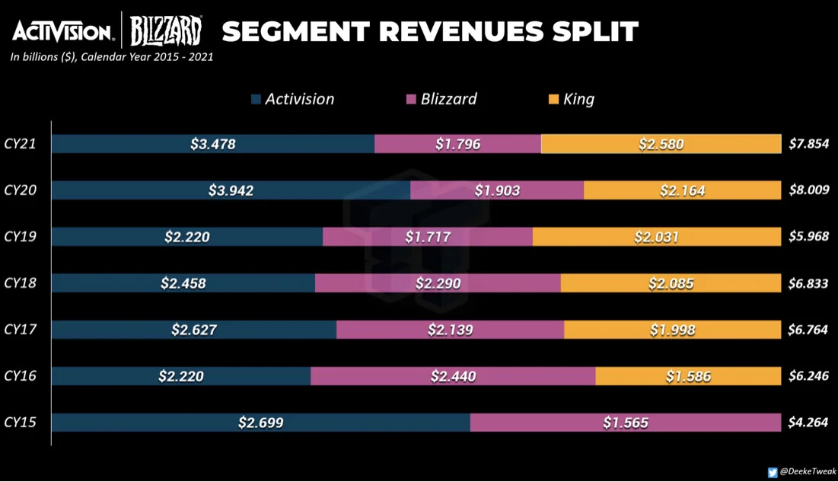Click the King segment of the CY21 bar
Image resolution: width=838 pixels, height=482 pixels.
coord(661,144)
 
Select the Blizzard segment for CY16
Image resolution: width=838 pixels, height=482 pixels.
coord(453,376)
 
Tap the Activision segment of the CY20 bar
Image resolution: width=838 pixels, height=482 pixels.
coord(231,190)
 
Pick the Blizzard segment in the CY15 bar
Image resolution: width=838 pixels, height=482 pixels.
coord(626,423)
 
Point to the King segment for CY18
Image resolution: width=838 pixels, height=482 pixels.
coord(671,283)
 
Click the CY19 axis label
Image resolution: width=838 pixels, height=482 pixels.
coord(21,237)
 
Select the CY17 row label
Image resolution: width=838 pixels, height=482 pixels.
coord(21,329)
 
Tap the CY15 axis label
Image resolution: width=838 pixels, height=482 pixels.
coord(21,422)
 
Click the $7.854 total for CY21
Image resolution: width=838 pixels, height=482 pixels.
coord(809,143)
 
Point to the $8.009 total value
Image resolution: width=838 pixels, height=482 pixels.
coord(809,190)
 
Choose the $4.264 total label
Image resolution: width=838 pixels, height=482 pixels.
coord(808,422)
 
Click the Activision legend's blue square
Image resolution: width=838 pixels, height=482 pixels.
coord(256,99)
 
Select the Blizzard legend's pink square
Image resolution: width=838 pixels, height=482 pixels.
coord(411,99)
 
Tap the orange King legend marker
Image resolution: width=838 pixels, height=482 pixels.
coord(553,99)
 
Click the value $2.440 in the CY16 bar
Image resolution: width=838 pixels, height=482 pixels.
coord(453,377)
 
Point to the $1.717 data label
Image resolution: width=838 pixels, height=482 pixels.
coord(428,237)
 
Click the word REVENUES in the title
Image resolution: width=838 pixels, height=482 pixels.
coord(461,31)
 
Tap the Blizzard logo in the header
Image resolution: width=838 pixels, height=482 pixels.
coord(166,31)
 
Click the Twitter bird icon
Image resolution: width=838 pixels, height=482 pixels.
coord(773,472)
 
